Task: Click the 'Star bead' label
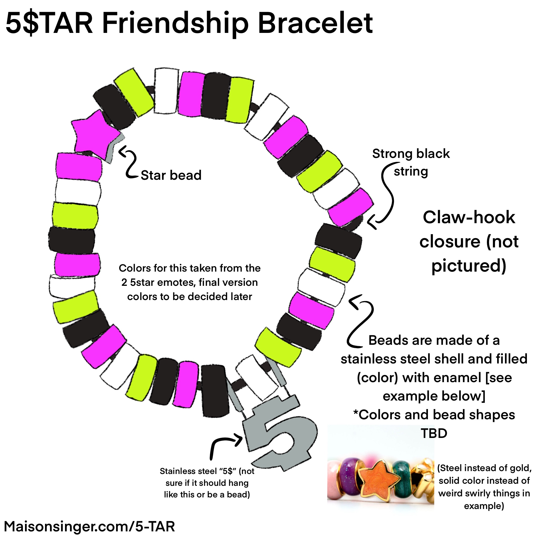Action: coord(171,176)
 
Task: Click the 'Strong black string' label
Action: coord(411,162)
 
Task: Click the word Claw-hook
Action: coord(469,218)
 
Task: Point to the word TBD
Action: coord(434,433)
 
